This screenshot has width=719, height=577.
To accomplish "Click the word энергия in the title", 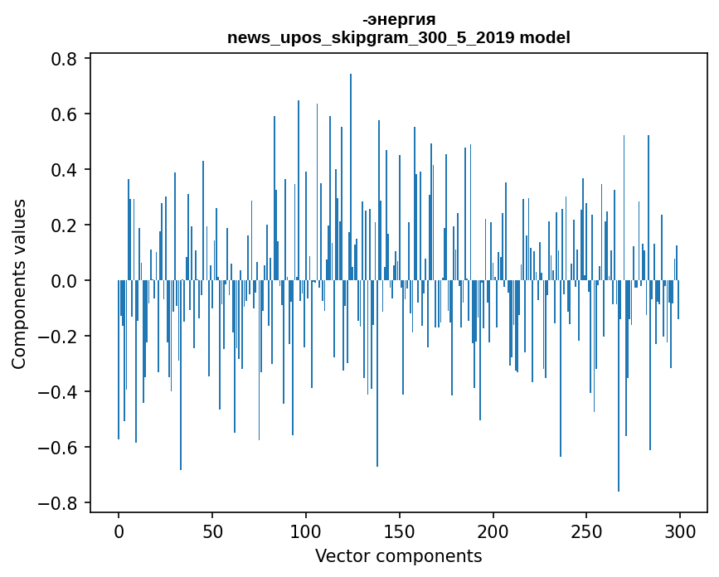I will point(401,19).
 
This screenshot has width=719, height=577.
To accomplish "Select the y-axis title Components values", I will point(19,284).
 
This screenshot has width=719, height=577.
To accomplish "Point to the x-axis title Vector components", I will point(398,555).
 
